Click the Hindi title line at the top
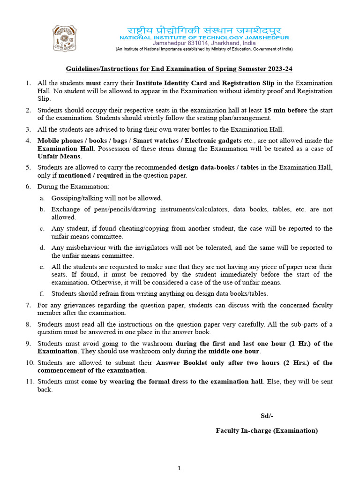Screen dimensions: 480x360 click(204, 29)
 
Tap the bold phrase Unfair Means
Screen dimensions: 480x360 click(59, 156)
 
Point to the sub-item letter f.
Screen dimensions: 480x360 click(42, 293)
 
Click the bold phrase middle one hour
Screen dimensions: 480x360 click(233, 351)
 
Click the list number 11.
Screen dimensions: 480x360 click(30, 382)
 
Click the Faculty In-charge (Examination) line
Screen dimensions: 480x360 click(266, 430)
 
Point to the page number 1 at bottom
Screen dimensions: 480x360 click(180, 468)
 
